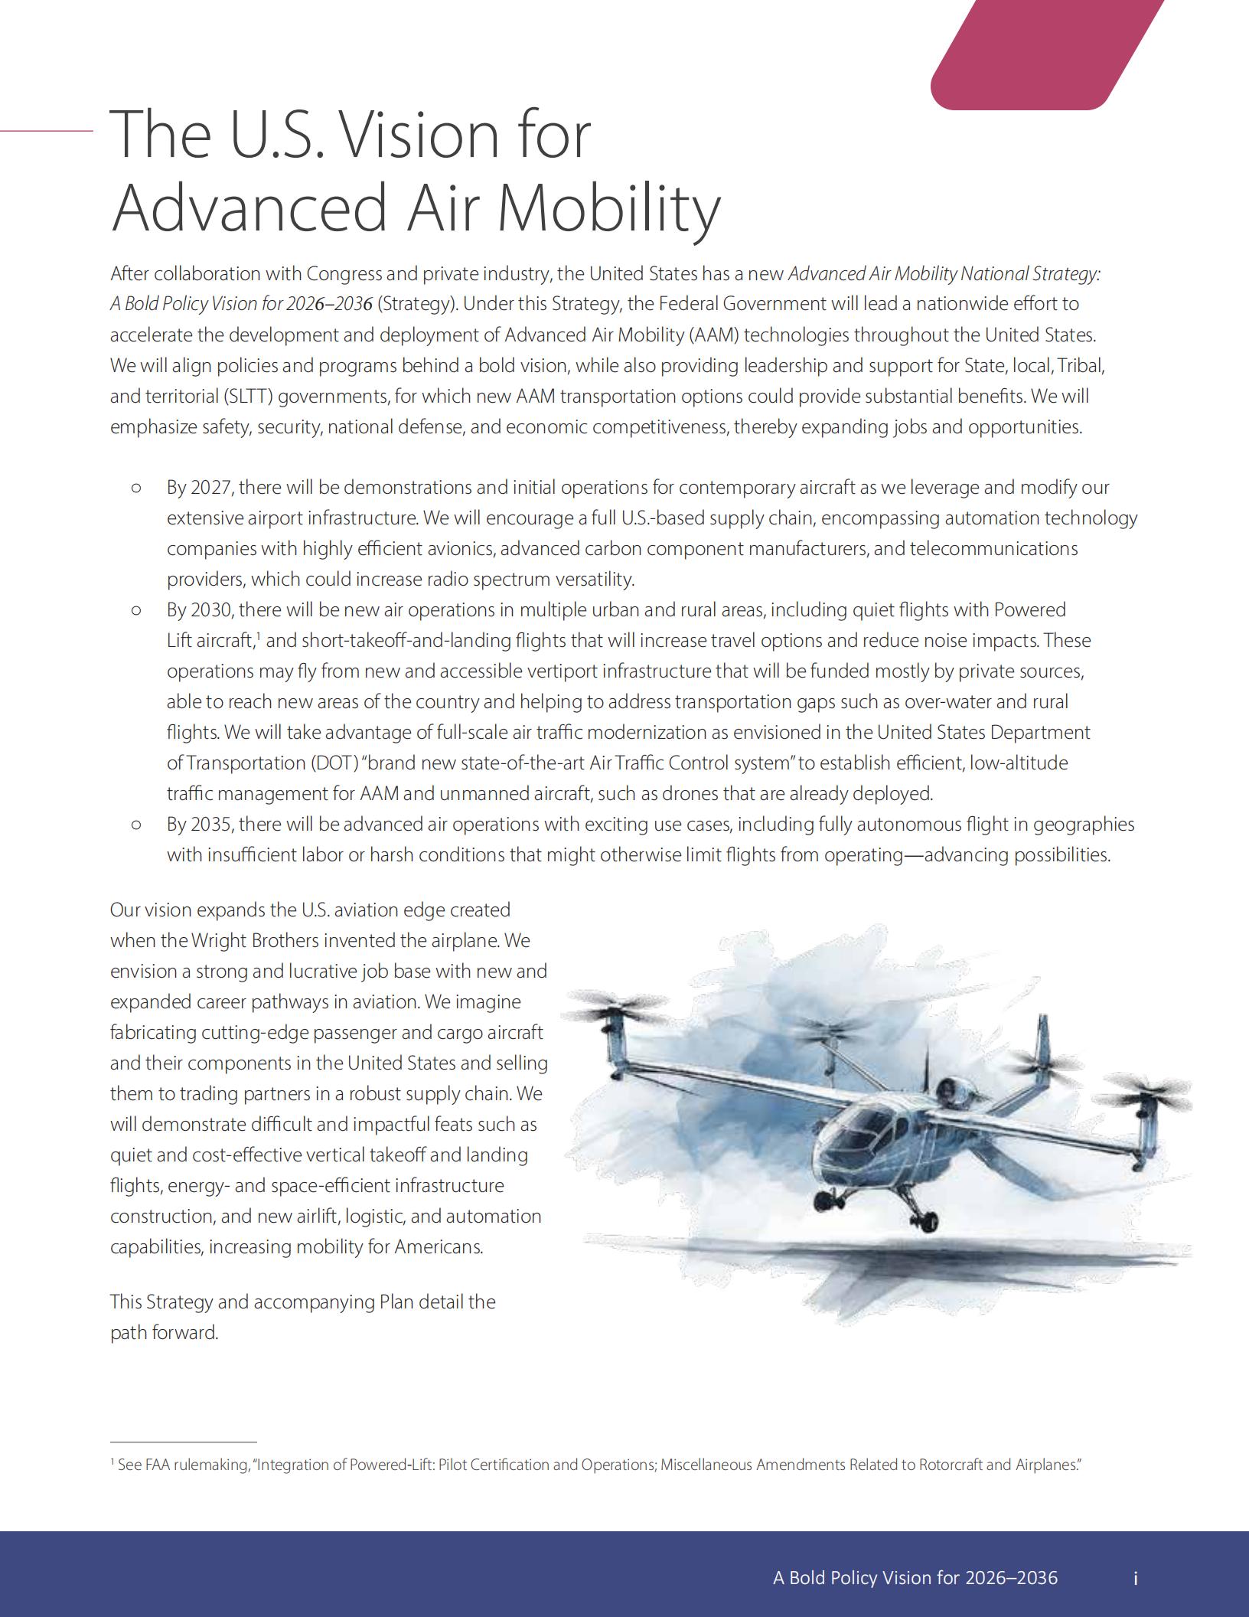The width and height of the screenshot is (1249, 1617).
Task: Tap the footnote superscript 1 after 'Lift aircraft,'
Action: [259, 636]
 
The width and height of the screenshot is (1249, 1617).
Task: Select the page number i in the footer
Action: [1136, 1578]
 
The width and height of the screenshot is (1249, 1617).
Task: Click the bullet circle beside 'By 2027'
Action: [137, 488]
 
